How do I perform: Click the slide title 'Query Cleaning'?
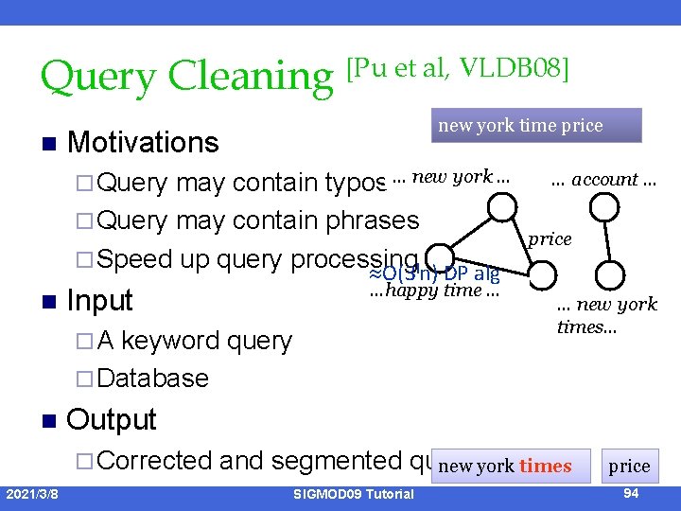pyautogui.click(x=186, y=76)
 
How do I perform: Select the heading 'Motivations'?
pyautogui.click(x=143, y=143)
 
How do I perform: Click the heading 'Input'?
pyautogui.click(x=100, y=301)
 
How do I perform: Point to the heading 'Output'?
pyautogui.click(x=112, y=419)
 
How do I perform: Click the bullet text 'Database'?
pyautogui.click(x=151, y=379)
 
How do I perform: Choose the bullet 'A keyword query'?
pyautogui.click(x=194, y=341)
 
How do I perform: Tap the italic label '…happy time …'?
pyautogui.click(x=434, y=291)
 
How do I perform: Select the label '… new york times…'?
pyautogui.click(x=606, y=316)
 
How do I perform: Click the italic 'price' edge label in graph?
pyautogui.click(x=550, y=239)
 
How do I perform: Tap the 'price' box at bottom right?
pyautogui.click(x=629, y=466)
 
